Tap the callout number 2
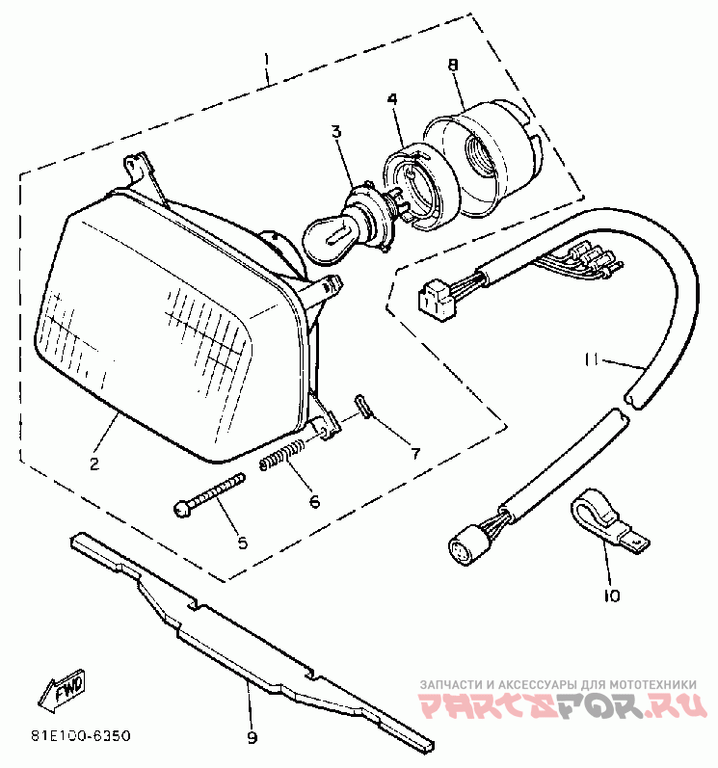click(x=94, y=464)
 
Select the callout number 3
click(x=335, y=132)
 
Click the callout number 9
click(x=252, y=738)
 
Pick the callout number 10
click(x=611, y=596)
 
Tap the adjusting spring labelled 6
click(x=285, y=455)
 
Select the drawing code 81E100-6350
click(x=80, y=736)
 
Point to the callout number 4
click(x=392, y=99)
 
